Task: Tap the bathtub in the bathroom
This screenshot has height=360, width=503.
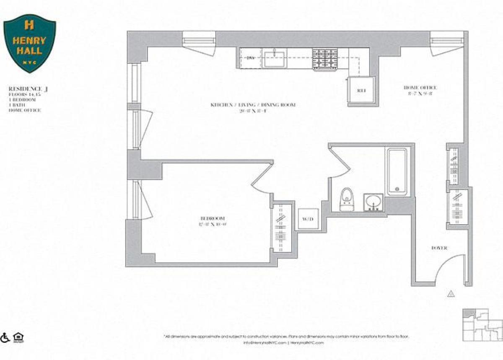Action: coord(397,171)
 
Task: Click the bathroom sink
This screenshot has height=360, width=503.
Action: coord(373,202)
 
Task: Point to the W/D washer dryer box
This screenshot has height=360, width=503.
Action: coord(306,219)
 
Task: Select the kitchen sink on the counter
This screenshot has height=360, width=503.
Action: coord(274,58)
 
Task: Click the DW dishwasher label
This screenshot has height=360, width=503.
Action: coord(251,57)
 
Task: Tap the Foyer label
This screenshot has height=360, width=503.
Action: coord(439,248)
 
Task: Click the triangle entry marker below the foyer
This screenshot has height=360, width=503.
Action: coord(451,293)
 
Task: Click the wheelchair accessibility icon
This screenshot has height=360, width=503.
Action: coord(6,337)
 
